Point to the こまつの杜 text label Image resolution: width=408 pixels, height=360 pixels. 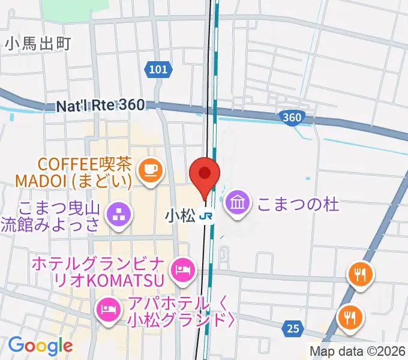298,205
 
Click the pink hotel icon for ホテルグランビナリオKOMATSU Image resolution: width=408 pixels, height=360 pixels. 181,268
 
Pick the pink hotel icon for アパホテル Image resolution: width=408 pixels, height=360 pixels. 107,310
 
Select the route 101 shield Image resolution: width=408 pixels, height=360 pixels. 157,70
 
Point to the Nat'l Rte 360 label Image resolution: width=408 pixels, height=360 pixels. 100,106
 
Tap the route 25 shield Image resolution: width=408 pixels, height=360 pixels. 292,328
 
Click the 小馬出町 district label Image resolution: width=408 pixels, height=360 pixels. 37,43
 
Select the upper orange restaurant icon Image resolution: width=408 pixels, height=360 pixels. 360,275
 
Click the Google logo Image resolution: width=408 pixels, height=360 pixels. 40,346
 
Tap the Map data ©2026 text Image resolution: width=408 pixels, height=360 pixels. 358,351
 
